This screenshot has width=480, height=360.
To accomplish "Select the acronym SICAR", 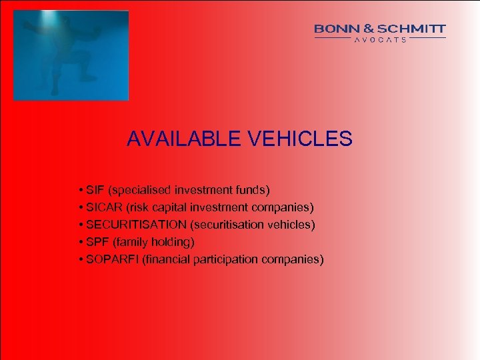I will (x=103, y=207).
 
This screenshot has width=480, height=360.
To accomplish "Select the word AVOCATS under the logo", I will (x=380, y=39).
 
